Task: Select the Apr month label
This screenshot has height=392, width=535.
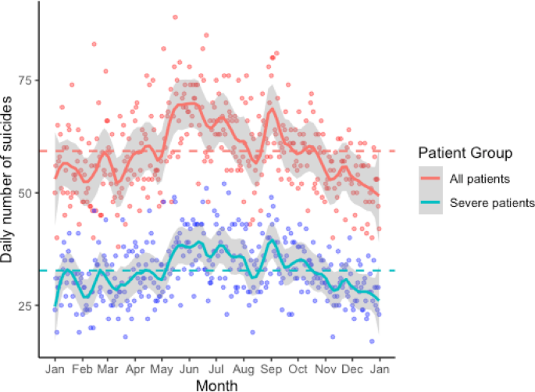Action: (135, 368)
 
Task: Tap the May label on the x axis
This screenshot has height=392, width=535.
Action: (162, 368)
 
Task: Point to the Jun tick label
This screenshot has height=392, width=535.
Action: (189, 368)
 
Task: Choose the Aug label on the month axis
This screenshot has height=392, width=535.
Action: (244, 368)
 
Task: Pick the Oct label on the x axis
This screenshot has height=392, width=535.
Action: (298, 368)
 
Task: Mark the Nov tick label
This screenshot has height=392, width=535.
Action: (326, 368)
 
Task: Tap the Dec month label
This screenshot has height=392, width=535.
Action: (352, 368)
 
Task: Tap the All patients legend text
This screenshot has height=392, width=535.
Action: (480, 178)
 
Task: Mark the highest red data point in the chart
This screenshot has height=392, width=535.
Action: (175, 17)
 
